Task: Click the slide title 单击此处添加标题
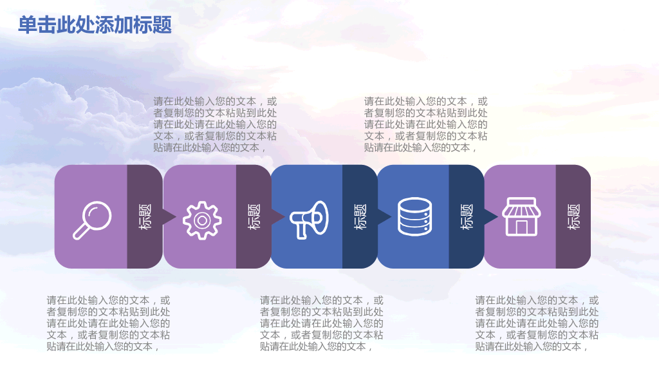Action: [95, 25]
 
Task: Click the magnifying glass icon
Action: [92, 220]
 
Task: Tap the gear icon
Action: [202, 220]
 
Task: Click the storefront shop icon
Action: [521, 217]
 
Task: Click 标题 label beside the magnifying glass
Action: [145, 217]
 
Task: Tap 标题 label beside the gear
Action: [254, 217]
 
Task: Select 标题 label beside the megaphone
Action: [360, 217]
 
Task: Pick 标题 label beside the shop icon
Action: [573, 217]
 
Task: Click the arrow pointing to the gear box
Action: [169, 217]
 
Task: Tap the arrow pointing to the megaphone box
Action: [277, 217]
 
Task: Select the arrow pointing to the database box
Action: [384, 217]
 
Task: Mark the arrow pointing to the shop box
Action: [490, 217]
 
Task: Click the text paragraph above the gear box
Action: [215, 124]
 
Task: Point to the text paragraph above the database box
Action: [425, 124]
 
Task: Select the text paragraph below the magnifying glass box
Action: [108, 323]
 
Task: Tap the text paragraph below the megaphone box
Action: [321, 323]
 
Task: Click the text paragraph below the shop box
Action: [537, 323]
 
